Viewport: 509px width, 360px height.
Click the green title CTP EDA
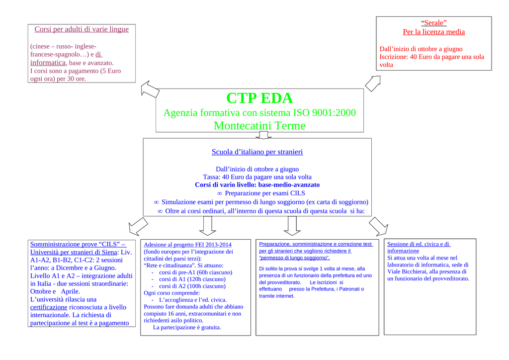259,98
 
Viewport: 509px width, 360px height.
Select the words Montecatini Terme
259,126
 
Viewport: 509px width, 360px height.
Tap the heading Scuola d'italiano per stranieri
257,152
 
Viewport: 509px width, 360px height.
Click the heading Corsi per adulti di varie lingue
82,29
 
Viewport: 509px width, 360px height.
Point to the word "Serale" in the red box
433,23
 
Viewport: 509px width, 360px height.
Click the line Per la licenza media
433,32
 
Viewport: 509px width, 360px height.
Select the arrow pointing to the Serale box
373,83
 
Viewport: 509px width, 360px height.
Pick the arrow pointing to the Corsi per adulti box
150,89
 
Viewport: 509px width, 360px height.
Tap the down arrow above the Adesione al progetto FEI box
207,226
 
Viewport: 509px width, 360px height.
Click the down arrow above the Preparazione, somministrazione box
292,226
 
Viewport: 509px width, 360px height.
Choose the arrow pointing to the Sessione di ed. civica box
378,226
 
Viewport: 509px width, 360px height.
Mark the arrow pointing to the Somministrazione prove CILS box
138,226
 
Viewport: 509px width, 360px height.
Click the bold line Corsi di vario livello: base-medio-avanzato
257,185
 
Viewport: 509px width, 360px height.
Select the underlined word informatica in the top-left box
48,63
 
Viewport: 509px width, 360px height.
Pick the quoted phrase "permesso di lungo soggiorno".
294,258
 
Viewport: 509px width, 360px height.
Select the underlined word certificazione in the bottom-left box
49,307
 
